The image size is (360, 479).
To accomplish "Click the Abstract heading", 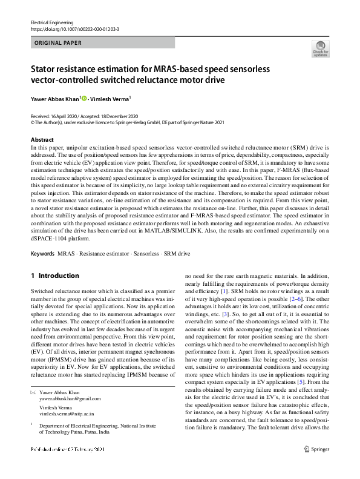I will [42, 140].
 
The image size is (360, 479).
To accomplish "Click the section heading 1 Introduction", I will [55, 276].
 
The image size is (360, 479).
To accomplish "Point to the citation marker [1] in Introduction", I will [224, 291].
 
